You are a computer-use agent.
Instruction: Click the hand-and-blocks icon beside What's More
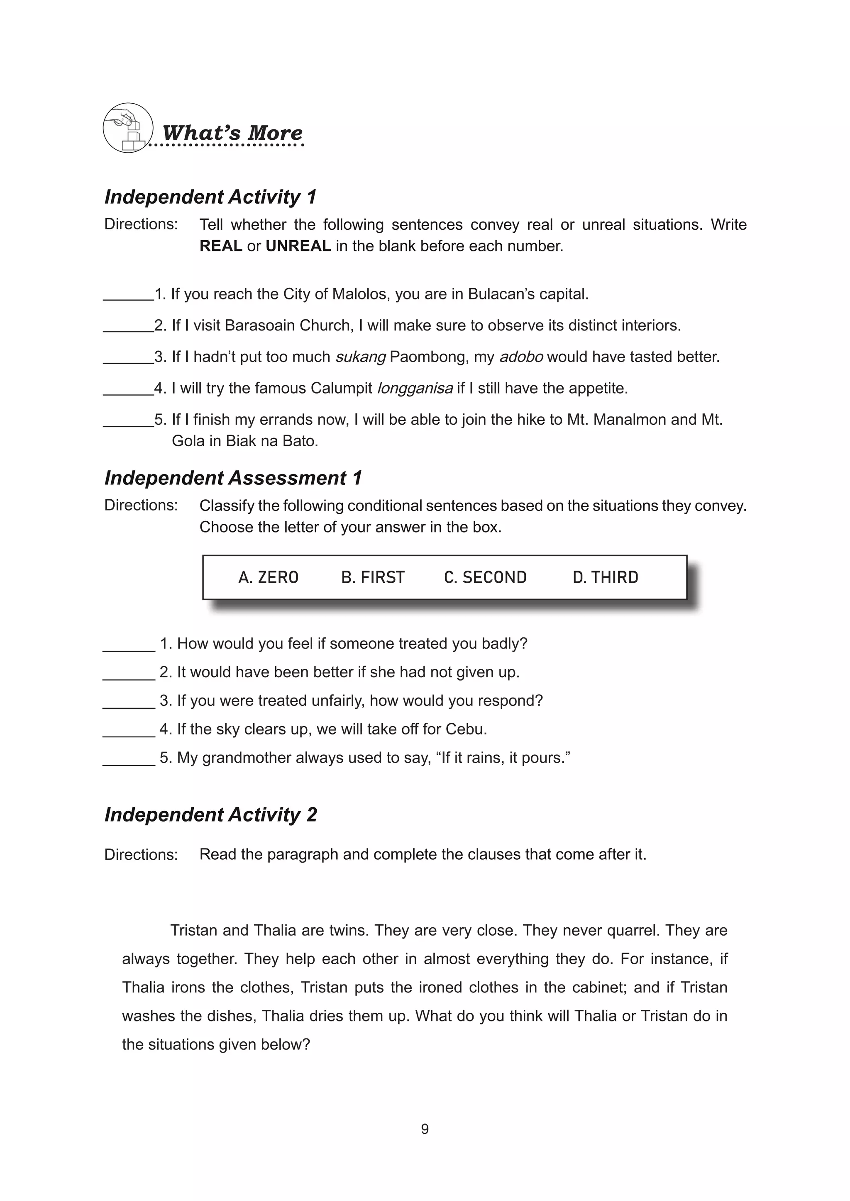[128, 128]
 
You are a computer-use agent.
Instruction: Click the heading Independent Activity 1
[210, 197]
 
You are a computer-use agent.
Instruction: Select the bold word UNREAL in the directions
[298, 246]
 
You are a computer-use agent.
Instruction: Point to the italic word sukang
[360, 357]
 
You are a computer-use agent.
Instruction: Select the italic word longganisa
[415, 388]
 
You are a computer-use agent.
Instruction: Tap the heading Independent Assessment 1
[233, 478]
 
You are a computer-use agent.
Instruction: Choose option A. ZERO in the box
[268, 578]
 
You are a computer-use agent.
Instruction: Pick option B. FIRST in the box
[373, 578]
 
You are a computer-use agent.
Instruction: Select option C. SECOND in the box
[485, 578]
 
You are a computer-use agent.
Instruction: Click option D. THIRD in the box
[605, 578]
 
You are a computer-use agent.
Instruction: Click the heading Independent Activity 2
[210, 815]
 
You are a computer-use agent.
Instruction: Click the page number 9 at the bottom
[425, 1129]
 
